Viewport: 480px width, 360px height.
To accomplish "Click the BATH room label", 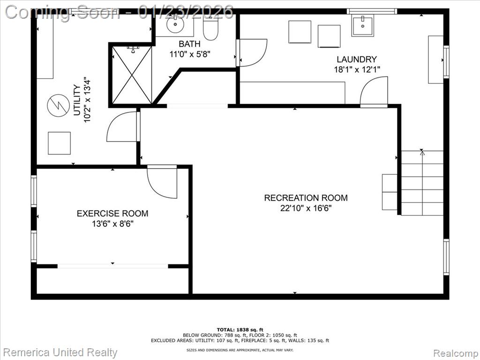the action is pyautogui.click(x=189, y=44).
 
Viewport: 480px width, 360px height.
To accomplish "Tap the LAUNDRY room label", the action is pyautogui.click(x=357, y=59).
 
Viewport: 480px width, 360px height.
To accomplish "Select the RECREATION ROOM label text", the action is pyautogui.click(x=306, y=198).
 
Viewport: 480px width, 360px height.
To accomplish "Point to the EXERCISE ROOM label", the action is pyautogui.click(x=112, y=213).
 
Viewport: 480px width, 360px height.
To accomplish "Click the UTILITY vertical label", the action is pyautogui.click(x=77, y=100).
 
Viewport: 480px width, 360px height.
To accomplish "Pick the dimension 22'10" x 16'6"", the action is pyautogui.click(x=306, y=208).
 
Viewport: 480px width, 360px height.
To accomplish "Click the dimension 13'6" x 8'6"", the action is pyautogui.click(x=112, y=224).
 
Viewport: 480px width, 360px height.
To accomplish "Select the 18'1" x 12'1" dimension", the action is pyautogui.click(x=357, y=69).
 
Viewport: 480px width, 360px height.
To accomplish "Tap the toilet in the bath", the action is pyautogui.click(x=210, y=28).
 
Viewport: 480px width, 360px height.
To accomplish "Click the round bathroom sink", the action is pyautogui.click(x=175, y=23).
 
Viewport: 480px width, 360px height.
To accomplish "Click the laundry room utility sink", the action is pyautogui.click(x=362, y=26).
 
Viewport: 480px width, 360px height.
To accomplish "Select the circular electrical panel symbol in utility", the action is pyautogui.click(x=58, y=105).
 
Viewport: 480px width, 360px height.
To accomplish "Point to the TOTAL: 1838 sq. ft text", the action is pyautogui.click(x=240, y=330).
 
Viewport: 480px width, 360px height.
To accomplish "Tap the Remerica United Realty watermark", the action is pyautogui.click(x=60, y=352).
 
